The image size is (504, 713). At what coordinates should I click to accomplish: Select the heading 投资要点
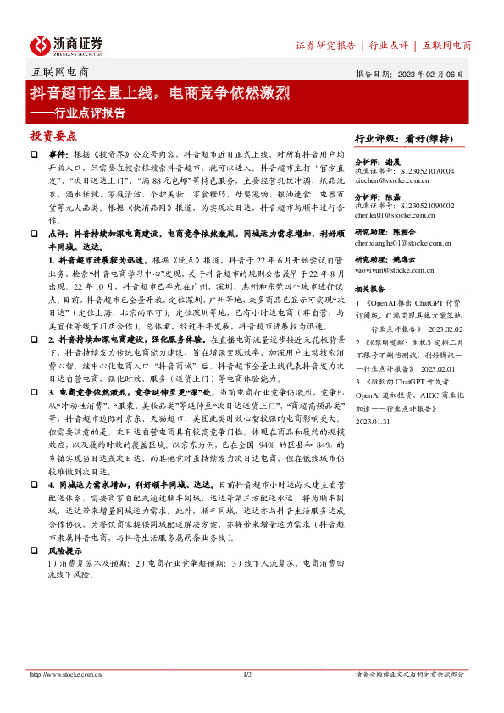53,135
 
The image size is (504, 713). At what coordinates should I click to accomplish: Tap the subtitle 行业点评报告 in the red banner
90,111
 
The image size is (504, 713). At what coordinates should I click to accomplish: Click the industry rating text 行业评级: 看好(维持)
401,138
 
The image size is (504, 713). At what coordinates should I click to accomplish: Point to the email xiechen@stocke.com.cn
391,180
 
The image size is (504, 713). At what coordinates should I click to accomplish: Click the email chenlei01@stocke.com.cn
393,216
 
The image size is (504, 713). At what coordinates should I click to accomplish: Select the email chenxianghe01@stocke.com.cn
400,242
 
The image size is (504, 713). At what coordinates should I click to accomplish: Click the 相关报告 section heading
370,288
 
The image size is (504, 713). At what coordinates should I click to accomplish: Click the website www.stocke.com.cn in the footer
66,674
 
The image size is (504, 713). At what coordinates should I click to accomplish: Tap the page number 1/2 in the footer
248,675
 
